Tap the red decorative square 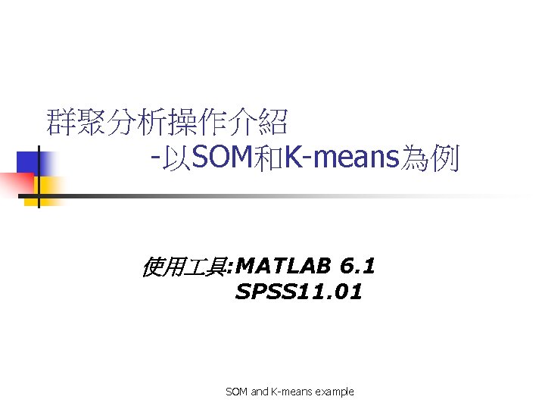click(15, 184)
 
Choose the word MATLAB click(284, 266)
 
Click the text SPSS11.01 click(299, 291)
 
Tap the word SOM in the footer click(236, 392)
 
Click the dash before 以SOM click(154, 160)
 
